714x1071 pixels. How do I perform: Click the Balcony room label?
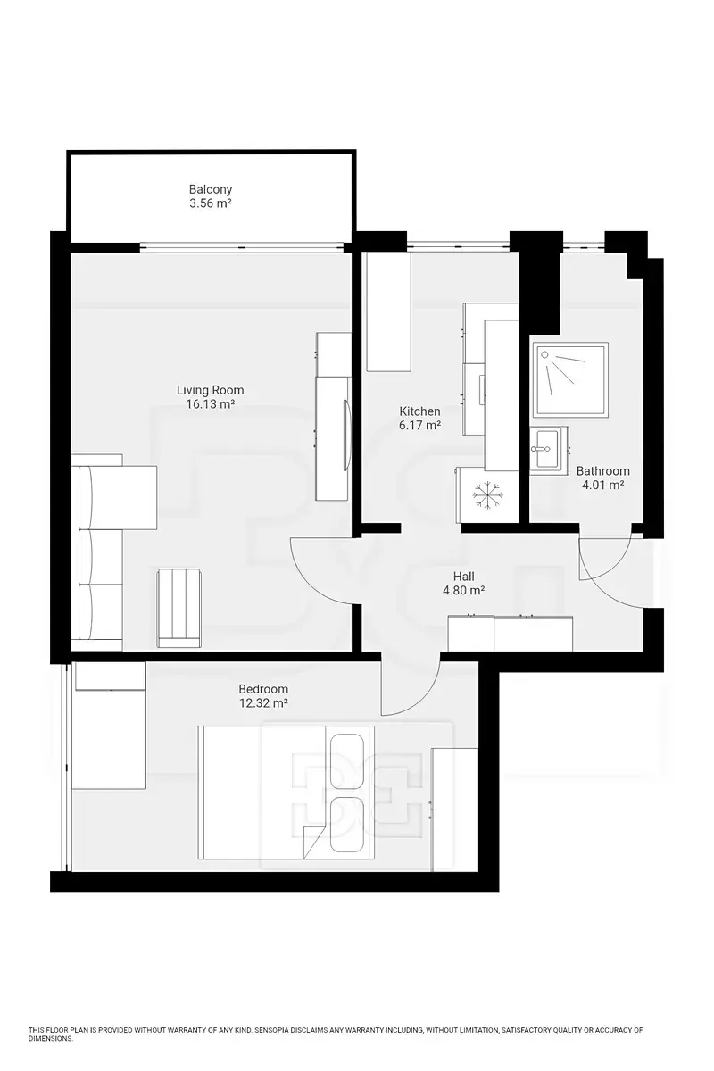pyautogui.click(x=211, y=189)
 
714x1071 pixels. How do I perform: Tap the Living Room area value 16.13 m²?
pyautogui.click(x=211, y=404)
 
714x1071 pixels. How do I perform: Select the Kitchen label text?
pyautogui.click(x=419, y=411)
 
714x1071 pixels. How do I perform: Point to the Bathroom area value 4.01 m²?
pyautogui.click(x=602, y=485)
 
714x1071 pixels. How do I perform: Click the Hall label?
pyautogui.click(x=464, y=577)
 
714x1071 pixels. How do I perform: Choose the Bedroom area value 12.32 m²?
pyautogui.click(x=263, y=703)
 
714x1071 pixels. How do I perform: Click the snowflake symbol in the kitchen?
pyautogui.click(x=486, y=494)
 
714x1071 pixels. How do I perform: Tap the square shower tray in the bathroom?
pyautogui.click(x=571, y=380)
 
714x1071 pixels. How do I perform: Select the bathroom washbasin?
pyautogui.click(x=549, y=448)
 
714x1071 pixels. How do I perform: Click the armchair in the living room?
pyautogui.click(x=178, y=608)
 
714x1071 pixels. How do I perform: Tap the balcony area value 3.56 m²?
pyautogui.click(x=211, y=203)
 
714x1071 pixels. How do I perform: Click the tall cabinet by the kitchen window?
pyautogui.click(x=388, y=311)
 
